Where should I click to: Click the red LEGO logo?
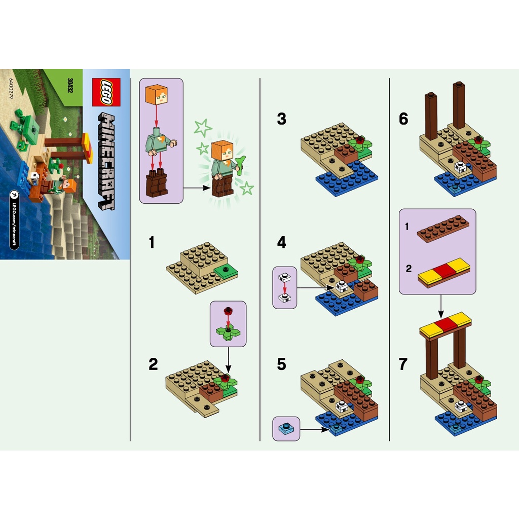click(x=105, y=93)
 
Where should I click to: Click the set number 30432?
click(x=69, y=87)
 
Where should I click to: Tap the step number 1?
click(x=152, y=243)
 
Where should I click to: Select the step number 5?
click(x=282, y=364)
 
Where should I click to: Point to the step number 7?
click(x=403, y=364)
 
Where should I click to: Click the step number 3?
click(x=282, y=119)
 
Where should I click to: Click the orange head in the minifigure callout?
click(x=156, y=95)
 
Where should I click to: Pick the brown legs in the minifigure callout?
click(x=156, y=185)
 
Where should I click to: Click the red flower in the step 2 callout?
click(x=229, y=310)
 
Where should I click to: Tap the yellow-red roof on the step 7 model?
click(x=446, y=324)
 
